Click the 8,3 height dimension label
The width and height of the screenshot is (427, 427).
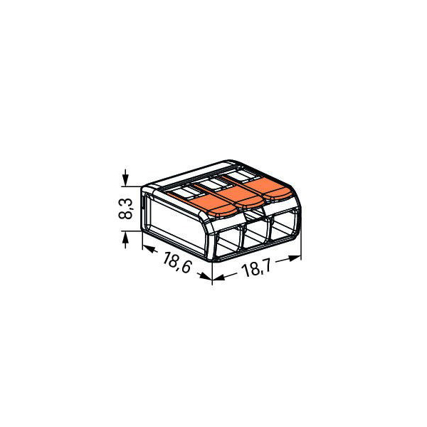pyautogui.click(x=125, y=209)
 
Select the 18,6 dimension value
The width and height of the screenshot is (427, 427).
pyautogui.click(x=177, y=263)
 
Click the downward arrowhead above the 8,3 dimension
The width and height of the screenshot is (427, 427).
pyautogui.click(x=125, y=181)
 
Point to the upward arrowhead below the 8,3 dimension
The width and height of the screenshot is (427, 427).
pyautogui.click(x=125, y=237)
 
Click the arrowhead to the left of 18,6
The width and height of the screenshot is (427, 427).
pyautogui.click(x=149, y=248)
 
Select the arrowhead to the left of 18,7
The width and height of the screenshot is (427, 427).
pyautogui.click(x=218, y=278)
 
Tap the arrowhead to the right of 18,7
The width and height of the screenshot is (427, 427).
pyautogui.click(x=295, y=258)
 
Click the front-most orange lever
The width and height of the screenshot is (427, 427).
pyautogui.click(x=207, y=205)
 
